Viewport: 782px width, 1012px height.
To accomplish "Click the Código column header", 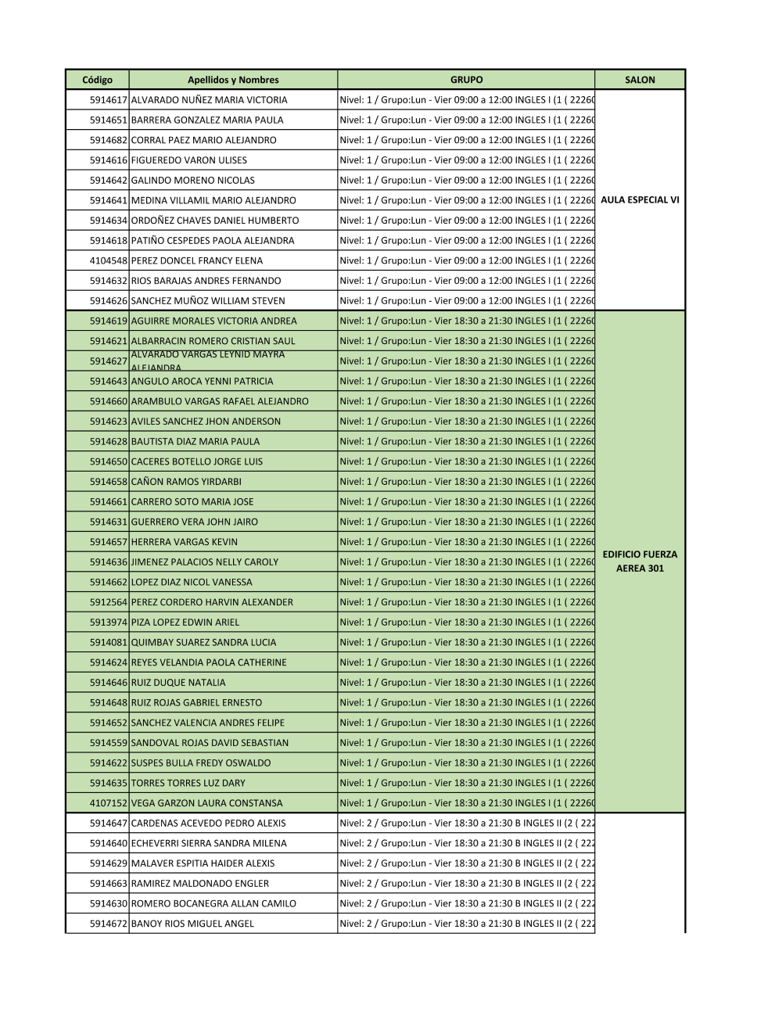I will (x=97, y=80).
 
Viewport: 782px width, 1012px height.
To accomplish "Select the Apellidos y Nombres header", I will (x=233, y=80).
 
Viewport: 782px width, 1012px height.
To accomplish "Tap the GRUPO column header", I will (x=466, y=80).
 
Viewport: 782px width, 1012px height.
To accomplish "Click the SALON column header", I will (x=640, y=80).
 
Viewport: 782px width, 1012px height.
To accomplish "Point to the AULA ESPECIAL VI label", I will (x=640, y=200).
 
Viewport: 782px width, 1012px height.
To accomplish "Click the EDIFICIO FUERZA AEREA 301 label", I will (x=640, y=562).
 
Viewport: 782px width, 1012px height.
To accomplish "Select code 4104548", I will (x=108, y=260).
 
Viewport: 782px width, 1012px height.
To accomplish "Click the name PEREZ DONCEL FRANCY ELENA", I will (x=197, y=260).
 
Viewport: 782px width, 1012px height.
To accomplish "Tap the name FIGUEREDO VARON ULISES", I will (x=189, y=160).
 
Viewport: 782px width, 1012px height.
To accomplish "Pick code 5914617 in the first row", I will (x=108, y=100).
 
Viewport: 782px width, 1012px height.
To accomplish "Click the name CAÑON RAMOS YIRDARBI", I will (x=186, y=482).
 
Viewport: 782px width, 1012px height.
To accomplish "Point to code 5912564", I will (x=108, y=602).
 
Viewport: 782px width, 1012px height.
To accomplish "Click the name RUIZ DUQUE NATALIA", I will (x=178, y=683).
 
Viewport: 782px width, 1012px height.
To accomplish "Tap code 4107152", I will (x=108, y=803).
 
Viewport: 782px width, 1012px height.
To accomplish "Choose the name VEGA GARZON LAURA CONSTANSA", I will (x=207, y=803).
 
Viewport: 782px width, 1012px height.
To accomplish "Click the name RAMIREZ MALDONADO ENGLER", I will (x=200, y=884).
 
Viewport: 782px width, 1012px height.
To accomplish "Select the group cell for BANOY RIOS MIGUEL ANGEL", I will (x=466, y=924).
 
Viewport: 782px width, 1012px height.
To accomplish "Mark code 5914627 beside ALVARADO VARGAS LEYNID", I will (x=108, y=361).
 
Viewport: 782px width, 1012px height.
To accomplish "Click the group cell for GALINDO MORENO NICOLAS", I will (x=466, y=181).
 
